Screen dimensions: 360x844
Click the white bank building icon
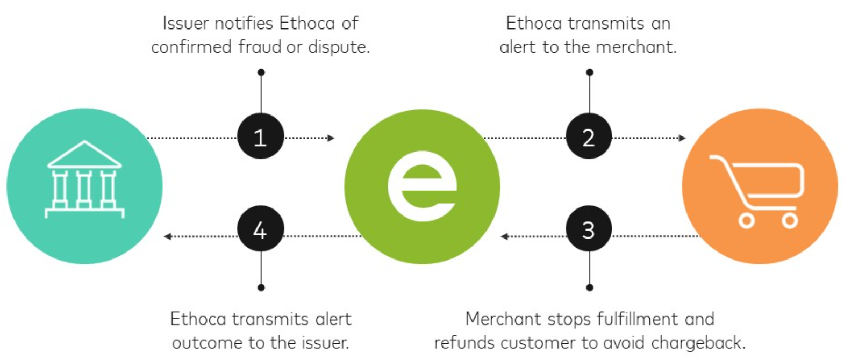(84, 179)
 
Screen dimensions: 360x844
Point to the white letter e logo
(423, 186)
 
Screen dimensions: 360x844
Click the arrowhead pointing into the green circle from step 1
(331, 138)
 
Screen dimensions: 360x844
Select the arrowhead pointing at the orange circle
(682, 138)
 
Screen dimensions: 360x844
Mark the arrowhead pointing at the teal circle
(168, 236)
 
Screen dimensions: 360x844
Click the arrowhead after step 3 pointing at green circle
(504, 236)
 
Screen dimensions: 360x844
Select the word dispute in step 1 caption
(338, 47)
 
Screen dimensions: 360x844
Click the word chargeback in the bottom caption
(698, 342)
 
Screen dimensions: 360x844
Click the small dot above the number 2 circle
(590, 72)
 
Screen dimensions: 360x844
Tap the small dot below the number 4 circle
(261, 287)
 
